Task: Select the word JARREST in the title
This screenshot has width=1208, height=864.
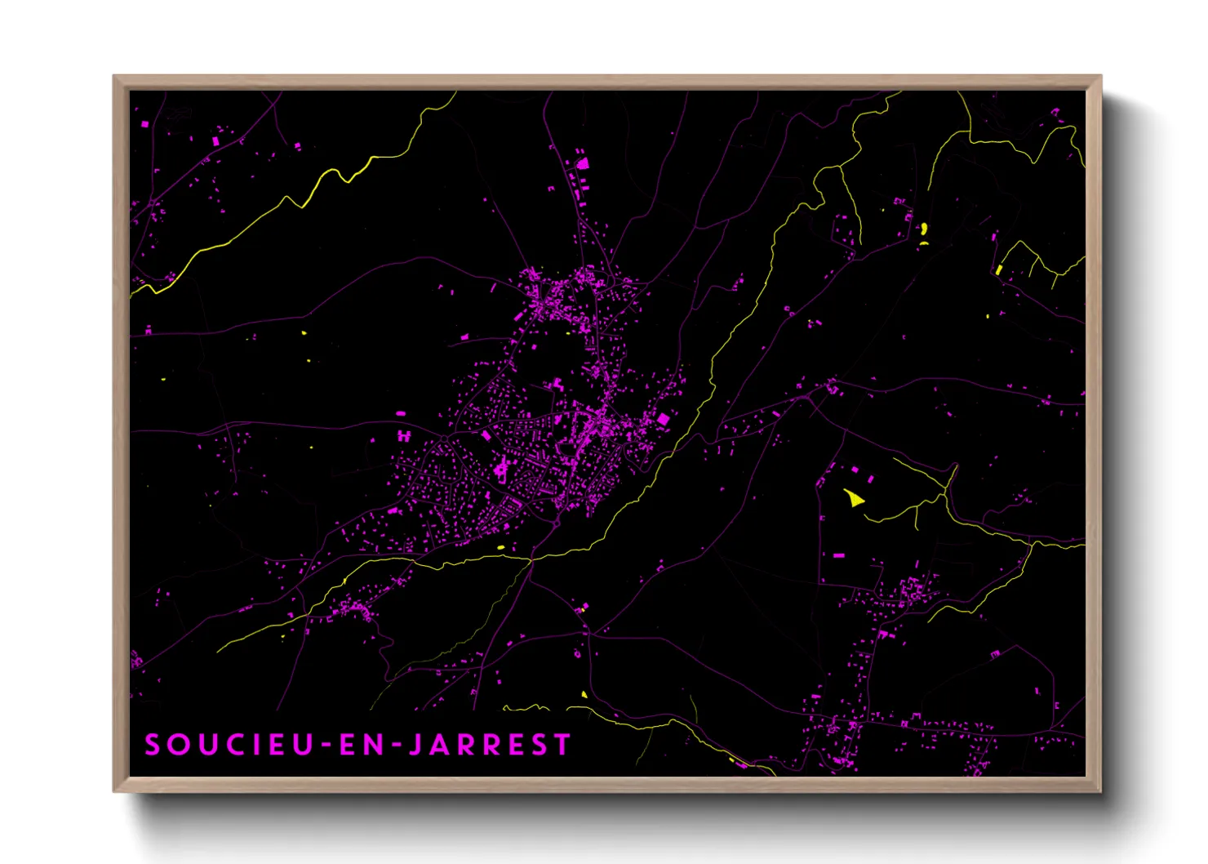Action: pos(489,745)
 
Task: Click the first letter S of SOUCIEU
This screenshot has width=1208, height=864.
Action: pos(152,745)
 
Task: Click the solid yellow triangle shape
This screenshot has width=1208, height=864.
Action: pos(853,497)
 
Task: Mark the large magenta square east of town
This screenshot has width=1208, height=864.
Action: pos(664,419)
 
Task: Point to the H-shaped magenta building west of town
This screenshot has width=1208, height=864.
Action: pos(403,437)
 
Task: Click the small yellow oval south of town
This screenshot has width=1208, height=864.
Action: pos(501,547)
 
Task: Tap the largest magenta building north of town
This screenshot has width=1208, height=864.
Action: pos(583,163)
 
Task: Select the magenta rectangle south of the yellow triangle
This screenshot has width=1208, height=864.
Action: pos(838,555)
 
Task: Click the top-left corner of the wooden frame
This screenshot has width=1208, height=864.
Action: pos(114,77)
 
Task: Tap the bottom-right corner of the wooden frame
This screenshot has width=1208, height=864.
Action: pos(1100,791)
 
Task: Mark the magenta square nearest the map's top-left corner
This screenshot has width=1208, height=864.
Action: pos(145,125)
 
